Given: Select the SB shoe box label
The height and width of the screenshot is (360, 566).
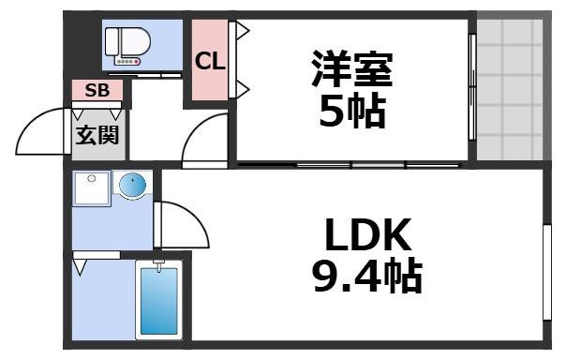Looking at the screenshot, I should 97,90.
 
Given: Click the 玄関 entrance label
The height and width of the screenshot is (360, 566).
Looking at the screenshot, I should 97,135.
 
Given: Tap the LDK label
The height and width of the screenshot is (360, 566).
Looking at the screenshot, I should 356,232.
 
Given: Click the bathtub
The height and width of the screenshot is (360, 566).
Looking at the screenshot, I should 157,300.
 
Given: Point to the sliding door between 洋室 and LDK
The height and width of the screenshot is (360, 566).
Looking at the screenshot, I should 347,165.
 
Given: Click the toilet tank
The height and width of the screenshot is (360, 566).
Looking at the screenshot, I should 112,42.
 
